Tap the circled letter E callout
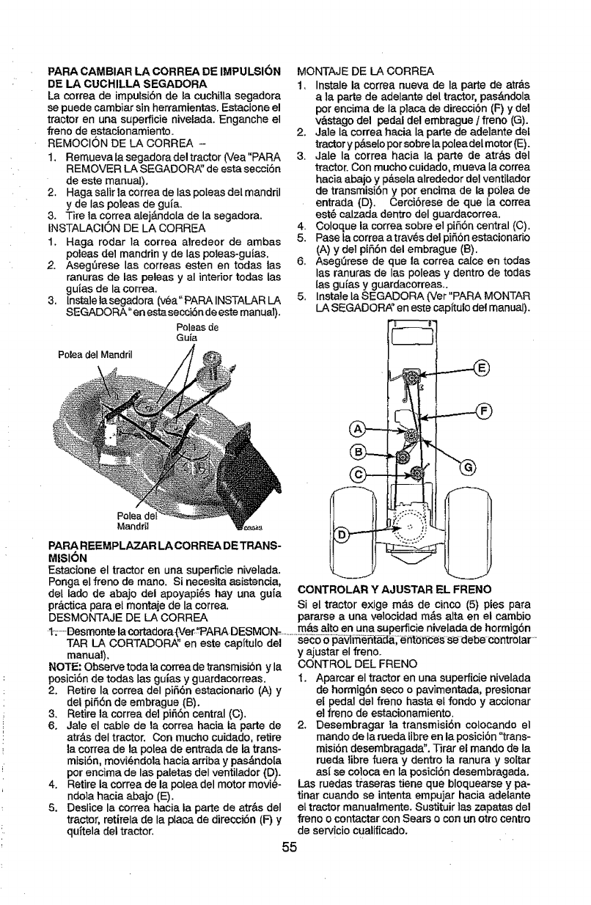(x=481, y=367)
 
